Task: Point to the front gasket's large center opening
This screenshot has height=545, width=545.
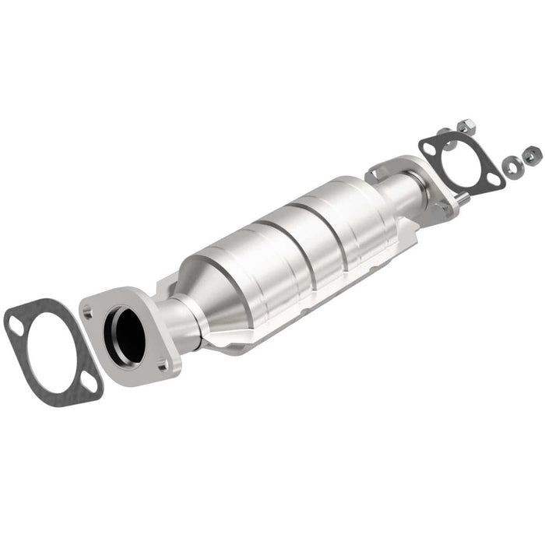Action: pos(48,346)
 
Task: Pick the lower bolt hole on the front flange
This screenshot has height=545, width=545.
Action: pos(161,363)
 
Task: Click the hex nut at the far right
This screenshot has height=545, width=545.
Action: pos(530,153)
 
